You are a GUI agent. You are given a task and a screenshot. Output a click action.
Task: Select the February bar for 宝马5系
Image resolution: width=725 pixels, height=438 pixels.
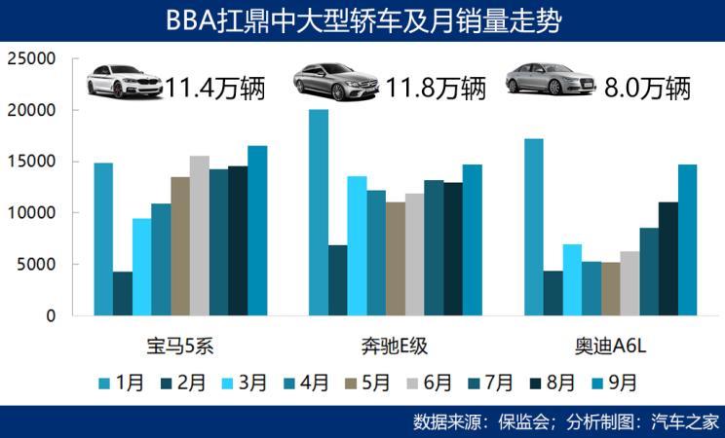click(x=123, y=294)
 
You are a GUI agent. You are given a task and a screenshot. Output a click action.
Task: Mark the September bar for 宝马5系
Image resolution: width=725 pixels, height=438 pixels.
click(x=257, y=231)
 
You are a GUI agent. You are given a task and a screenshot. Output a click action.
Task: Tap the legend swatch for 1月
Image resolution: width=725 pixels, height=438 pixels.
click(x=105, y=382)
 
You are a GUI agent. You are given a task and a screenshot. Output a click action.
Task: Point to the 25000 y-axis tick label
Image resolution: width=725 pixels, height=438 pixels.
click(x=30, y=59)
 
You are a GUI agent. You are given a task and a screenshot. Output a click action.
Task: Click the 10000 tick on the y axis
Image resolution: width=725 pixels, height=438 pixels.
click(x=30, y=213)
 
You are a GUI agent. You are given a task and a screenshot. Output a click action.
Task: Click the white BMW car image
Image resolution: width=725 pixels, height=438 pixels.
click(x=124, y=82)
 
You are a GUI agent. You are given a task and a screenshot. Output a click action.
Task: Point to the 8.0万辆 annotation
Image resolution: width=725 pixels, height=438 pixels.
click(x=646, y=89)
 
